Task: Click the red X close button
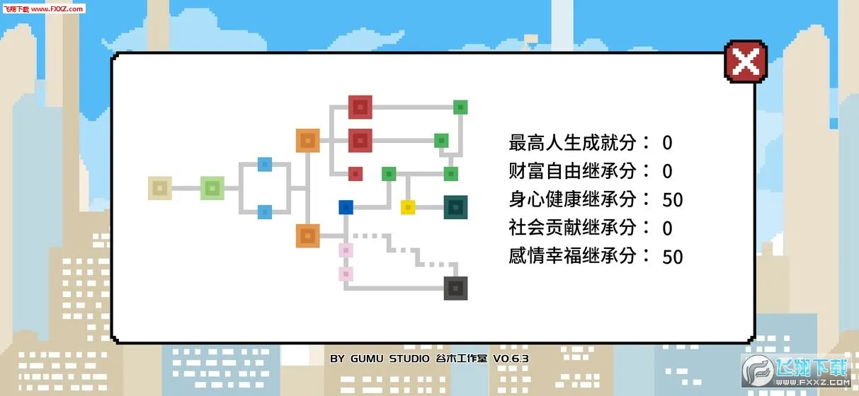[x=746, y=62]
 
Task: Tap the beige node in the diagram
[x=160, y=188]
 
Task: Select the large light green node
[x=212, y=188]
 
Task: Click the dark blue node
[x=346, y=207]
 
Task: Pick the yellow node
[x=408, y=207]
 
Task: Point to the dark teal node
[x=455, y=207]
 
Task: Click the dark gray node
[x=455, y=288]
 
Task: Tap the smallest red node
[x=355, y=174]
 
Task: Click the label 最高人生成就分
[x=572, y=142]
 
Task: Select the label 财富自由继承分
[x=572, y=171]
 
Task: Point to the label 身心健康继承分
[x=572, y=199]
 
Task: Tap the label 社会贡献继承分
[x=572, y=228]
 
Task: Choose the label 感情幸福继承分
[x=572, y=256]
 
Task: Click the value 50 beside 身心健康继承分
[x=673, y=200]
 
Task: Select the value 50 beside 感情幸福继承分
[x=673, y=257]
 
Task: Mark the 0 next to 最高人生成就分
[x=667, y=143]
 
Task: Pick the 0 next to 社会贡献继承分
[x=667, y=228]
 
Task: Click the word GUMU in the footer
[x=367, y=359]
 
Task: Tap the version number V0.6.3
[x=511, y=359]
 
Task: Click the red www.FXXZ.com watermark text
[x=57, y=8]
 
